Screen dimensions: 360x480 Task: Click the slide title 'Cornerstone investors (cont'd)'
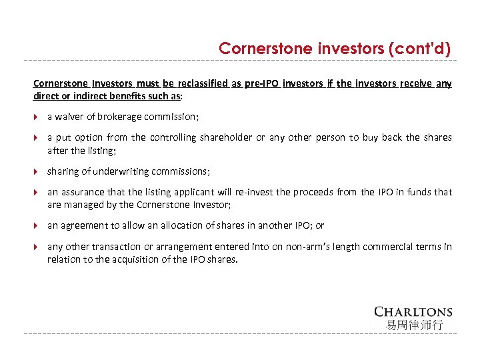click(x=335, y=49)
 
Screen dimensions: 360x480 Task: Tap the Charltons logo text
click(x=413, y=311)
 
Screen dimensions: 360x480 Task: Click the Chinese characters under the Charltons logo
click(x=413, y=325)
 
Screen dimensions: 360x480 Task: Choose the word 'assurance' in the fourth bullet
click(x=81, y=192)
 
